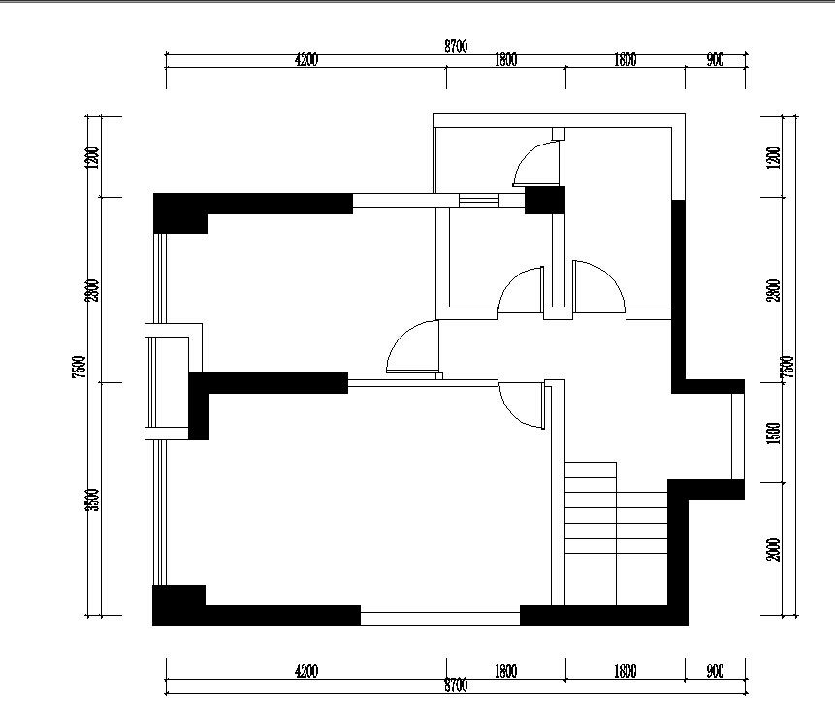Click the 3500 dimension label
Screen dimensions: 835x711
coord(93,500)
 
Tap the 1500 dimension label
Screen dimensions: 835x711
coord(774,433)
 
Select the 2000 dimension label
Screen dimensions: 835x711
coord(774,549)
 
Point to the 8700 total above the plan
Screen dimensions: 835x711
coord(456,47)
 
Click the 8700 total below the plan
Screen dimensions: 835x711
coord(456,685)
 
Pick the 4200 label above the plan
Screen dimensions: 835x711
coord(306,59)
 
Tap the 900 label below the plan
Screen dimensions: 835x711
coord(715,671)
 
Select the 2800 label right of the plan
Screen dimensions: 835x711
coord(774,290)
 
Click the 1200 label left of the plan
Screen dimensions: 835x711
coord(92,158)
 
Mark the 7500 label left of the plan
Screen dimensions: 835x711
coord(79,367)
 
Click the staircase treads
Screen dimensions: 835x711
coord(616,533)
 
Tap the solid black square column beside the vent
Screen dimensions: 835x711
coord(545,200)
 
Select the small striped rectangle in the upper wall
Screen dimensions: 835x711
coord(479,200)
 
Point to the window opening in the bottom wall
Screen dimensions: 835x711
coord(440,618)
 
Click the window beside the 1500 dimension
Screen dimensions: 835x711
coord(738,436)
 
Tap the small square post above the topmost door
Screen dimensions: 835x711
coord(558,134)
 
